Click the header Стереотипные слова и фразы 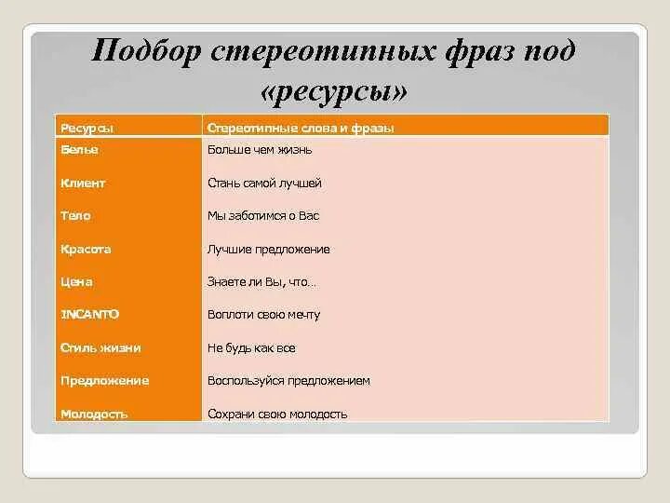click(x=301, y=128)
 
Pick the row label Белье click(x=79, y=149)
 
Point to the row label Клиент click(x=83, y=184)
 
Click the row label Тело click(x=75, y=216)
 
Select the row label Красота click(x=86, y=250)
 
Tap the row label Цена click(x=76, y=281)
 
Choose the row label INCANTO click(x=89, y=315)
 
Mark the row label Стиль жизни click(x=100, y=347)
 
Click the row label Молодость click(x=93, y=414)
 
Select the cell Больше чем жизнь click(x=260, y=149)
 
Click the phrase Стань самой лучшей click(x=264, y=184)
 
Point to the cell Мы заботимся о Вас click(x=263, y=216)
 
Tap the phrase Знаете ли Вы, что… click(x=261, y=281)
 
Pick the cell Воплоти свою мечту click(x=263, y=315)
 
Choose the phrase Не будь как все click(x=251, y=347)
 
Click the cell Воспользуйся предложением click(x=288, y=381)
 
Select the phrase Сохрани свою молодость click(x=277, y=414)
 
